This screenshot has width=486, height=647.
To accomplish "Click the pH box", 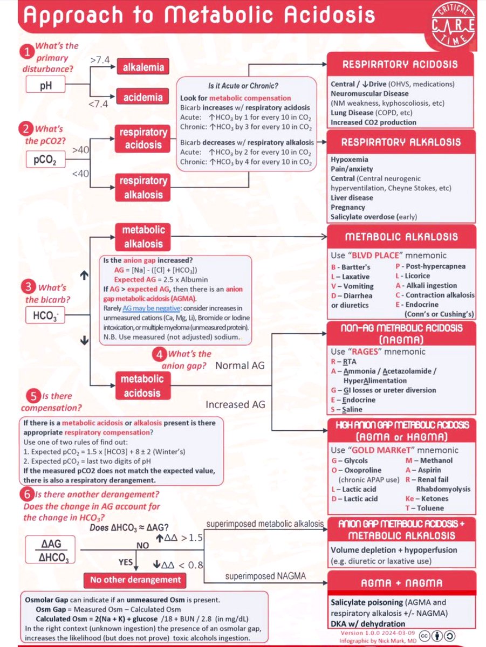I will pyautogui.click(x=50, y=85).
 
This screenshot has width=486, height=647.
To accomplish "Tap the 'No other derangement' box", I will pyautogui.click(x=135, y=580).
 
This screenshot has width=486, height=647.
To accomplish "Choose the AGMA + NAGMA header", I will pyautogui.click(x=401, y=583).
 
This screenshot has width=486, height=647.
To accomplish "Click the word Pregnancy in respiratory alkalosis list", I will pyautogui.click(x=348, y=207).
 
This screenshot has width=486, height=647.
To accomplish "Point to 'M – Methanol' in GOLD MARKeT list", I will pyautogui.click(x=429, y=460).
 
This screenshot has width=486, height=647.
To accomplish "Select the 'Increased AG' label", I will pyautogui.click(x=236, y=404).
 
